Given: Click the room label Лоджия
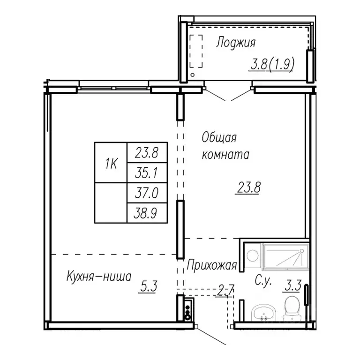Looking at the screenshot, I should tap(235, 43).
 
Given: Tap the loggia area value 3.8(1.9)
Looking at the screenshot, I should tap(271, 64).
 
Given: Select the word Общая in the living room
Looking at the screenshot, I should tap(219, 138).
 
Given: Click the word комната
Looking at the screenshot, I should tap(225, 155).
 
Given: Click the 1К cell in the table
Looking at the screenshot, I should tap(111, 164).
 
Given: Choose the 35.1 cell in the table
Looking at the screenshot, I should tap(146, 173).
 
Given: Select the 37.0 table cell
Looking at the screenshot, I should tap(146, 193).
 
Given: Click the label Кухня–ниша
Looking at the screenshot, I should tap(98, 276).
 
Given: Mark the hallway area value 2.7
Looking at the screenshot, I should tap(226, 292).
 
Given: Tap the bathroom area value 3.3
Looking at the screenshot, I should tap(291, 285).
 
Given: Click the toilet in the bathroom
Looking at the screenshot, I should tap(293, 306).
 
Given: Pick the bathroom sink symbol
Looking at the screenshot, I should tap(264, 313).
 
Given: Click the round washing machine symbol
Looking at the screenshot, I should tap(253, 255).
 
